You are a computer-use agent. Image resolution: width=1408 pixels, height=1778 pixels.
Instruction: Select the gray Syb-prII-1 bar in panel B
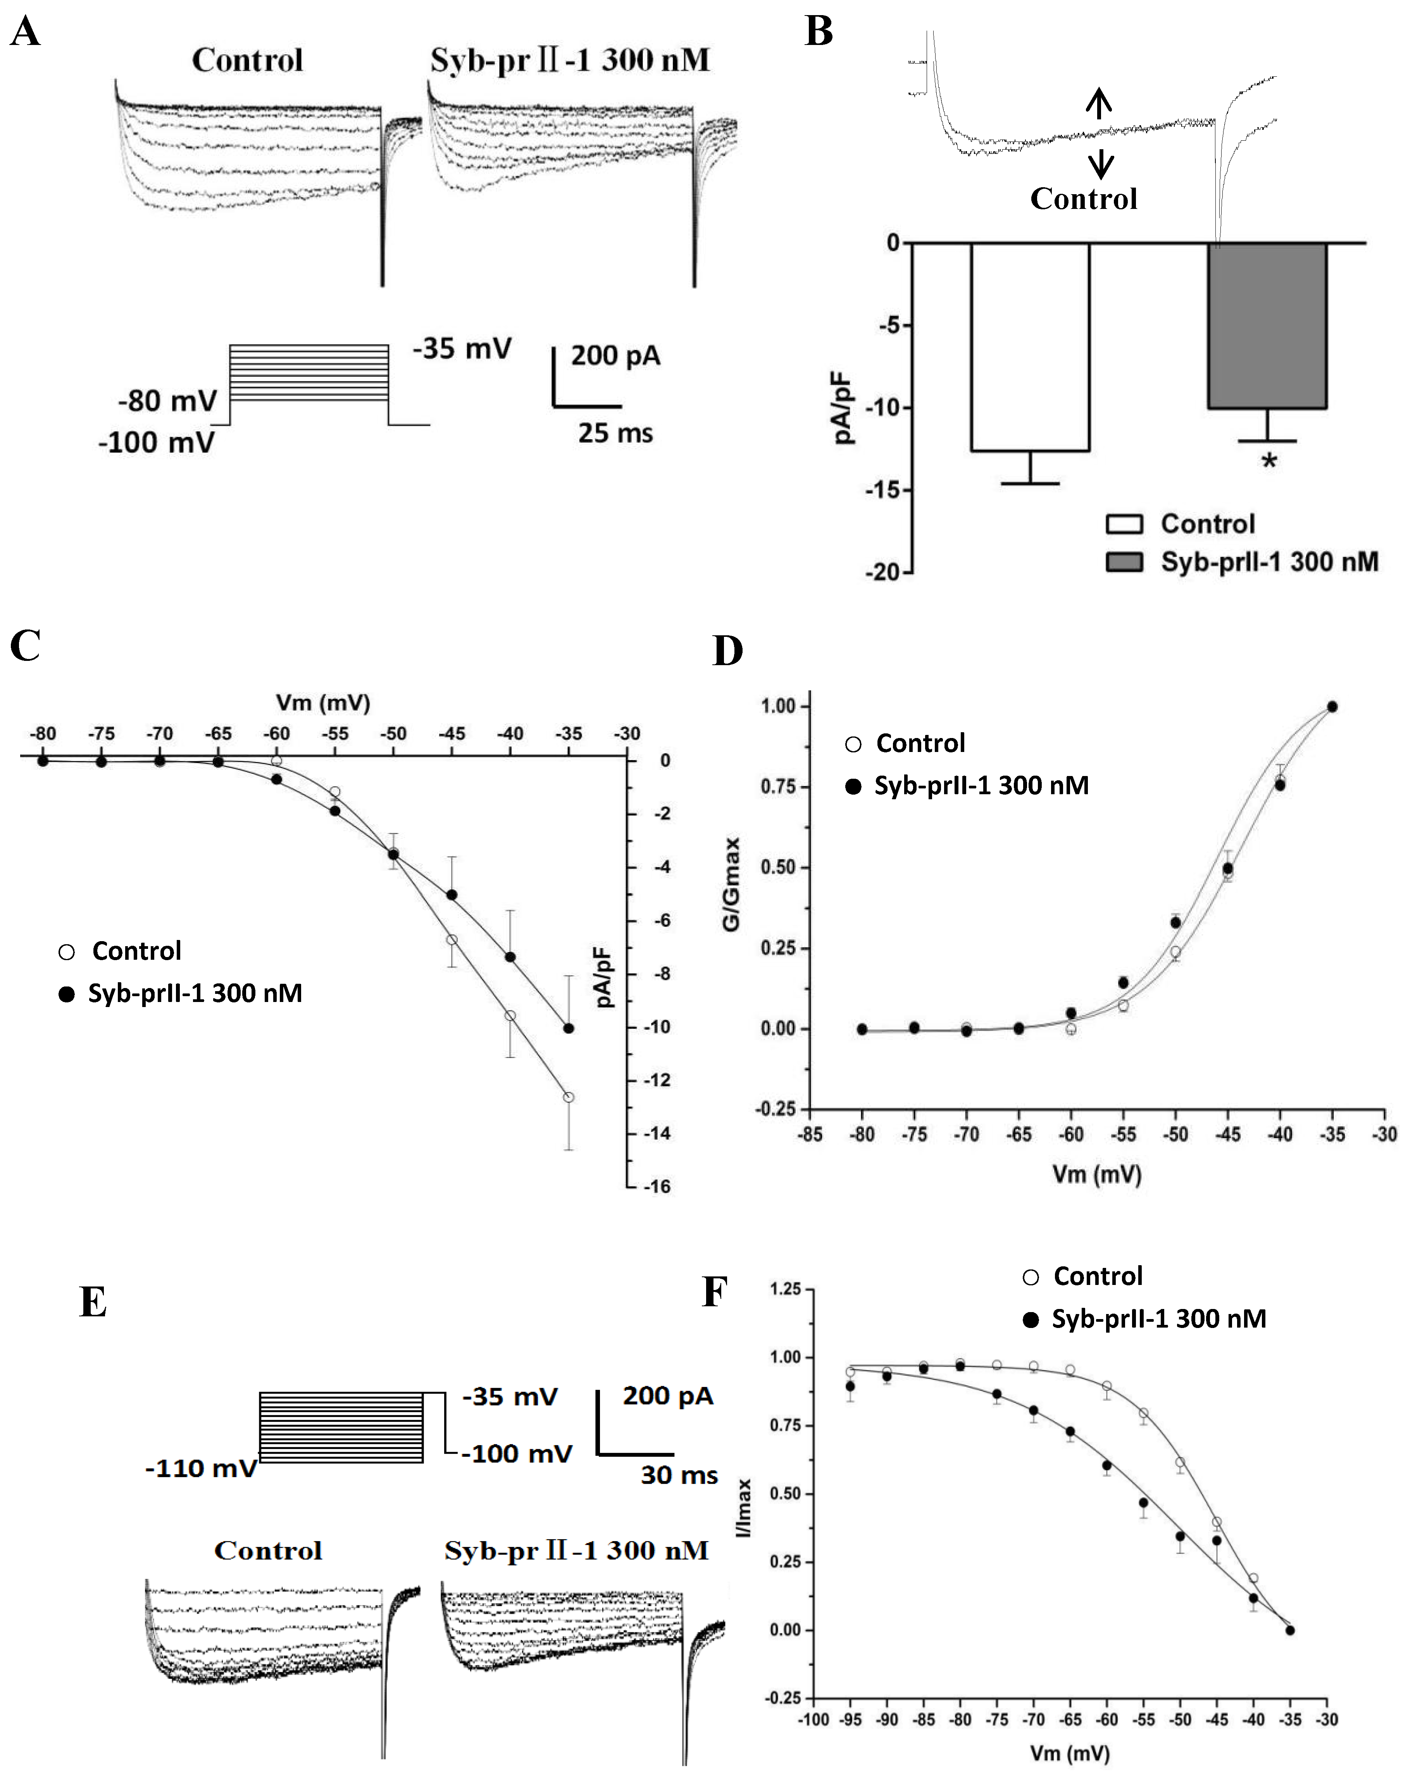coord(1267,326)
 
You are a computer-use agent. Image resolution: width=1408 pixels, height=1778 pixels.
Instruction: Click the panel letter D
coord(727,651)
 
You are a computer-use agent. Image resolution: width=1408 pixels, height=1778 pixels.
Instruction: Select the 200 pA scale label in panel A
coord(616,356)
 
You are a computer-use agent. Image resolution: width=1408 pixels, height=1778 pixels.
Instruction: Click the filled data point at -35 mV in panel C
coord(568,1028)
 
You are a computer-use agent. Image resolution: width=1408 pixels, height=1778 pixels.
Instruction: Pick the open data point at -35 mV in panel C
coord(568,1097)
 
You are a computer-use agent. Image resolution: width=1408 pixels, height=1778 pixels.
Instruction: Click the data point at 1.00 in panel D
coord(1332,706)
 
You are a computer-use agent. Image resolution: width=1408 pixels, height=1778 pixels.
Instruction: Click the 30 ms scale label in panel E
coord(679,1476)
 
